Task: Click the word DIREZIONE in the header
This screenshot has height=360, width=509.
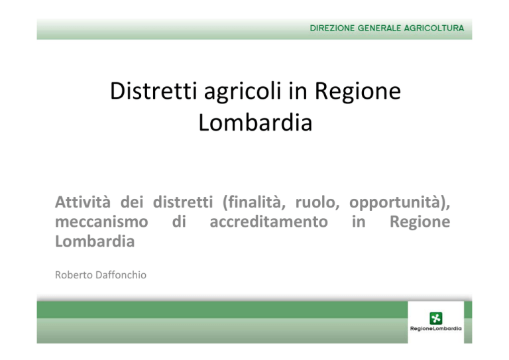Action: [332, 29]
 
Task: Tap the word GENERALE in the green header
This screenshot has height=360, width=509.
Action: [380, 29]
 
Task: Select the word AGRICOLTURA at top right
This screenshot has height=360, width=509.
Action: [434, 29]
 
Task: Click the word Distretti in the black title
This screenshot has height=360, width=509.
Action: [154, 91]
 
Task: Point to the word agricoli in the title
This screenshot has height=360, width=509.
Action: [243, 92]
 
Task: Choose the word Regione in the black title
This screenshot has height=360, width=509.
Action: [358, 92]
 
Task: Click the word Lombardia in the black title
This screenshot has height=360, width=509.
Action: [255, 123]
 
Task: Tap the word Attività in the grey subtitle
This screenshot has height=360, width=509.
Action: [83, 202]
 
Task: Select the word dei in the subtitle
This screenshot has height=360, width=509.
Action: [132, 202]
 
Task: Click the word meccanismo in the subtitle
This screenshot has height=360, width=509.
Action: [101, 221]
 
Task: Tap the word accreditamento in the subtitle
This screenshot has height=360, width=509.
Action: [269, 221]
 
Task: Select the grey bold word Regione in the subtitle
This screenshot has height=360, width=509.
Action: [420, 222]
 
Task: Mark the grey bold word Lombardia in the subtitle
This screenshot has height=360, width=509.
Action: [95, 241]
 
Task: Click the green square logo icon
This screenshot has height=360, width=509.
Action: [435, 318]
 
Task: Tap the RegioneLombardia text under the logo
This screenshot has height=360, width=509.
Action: [435, 329]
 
